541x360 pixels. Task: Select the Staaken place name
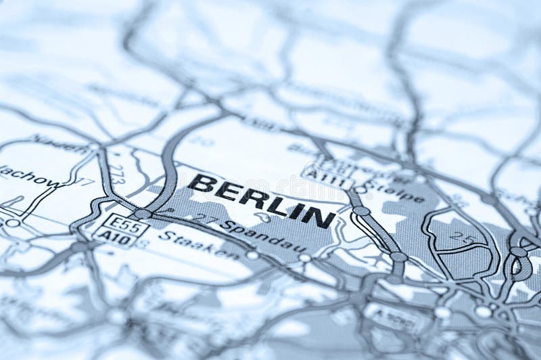198,245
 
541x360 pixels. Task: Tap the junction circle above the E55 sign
142,213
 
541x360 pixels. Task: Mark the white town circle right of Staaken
252,255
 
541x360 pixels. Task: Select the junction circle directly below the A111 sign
361,211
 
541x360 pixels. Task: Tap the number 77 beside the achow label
85,182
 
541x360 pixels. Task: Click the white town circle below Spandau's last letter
305,258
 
